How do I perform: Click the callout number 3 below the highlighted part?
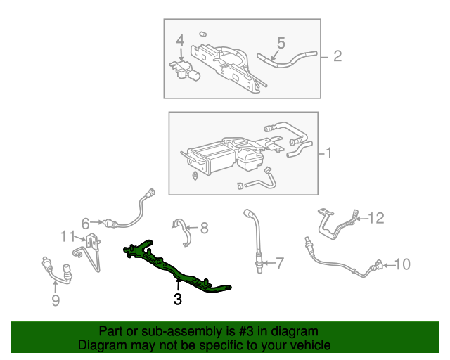[x=178, y=300]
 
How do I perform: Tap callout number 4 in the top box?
[x=180, y=41]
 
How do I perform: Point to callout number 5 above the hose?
[x=281, y=43]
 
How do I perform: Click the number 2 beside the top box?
[x=337, y=56]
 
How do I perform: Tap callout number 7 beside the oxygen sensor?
[x=279, y=264]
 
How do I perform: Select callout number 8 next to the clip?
[x=204, y=227]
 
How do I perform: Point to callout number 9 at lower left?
[x=56, y=301]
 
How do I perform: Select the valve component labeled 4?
[x=186, y=70]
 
